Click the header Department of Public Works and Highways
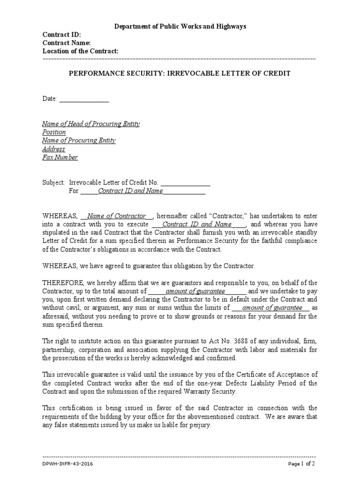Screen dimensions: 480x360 [x=180, y=27]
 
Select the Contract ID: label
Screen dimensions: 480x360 [x=62, y=35]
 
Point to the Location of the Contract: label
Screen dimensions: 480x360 [x=81, y=51]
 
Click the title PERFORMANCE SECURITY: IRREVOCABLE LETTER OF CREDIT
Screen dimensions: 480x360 [x=180, y=74]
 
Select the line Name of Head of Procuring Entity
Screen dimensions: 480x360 [x=91, y=124]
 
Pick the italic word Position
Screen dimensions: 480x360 [x=54, y=132]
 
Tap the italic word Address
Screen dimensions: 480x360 [x=53, y=149]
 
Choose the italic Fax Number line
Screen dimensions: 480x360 [x=60, y=157]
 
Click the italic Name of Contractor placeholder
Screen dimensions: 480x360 [x=117, y=216]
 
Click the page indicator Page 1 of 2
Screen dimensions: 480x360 [x=300, y=464]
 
